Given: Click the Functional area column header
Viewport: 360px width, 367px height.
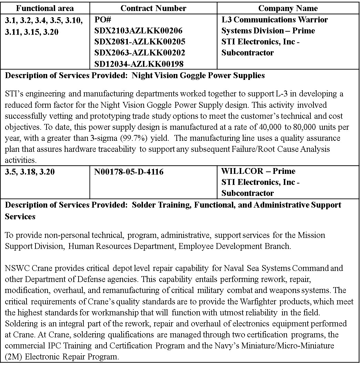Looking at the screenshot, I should (45, 8).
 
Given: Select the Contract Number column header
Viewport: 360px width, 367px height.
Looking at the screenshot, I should (153, 8).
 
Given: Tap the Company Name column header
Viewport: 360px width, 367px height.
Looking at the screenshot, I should (288, 8).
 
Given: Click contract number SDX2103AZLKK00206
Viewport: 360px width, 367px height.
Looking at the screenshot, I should (138, 31).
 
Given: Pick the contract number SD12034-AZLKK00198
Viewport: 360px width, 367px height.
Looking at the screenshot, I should (139, 64).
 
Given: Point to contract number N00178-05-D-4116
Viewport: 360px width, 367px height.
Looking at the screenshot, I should (129, 171).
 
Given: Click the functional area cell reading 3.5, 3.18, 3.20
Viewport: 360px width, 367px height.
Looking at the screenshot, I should (30, 171).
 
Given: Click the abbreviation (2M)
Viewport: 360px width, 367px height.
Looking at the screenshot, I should (13, 356).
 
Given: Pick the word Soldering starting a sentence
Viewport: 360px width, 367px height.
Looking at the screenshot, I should (20, 324).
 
